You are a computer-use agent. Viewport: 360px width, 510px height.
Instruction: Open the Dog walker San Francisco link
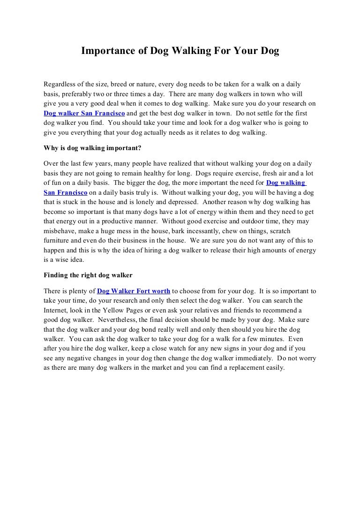point(84,114)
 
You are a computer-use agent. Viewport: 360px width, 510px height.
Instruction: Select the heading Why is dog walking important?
point(92,149)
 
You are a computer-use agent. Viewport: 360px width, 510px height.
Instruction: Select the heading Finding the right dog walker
point(88,275)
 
